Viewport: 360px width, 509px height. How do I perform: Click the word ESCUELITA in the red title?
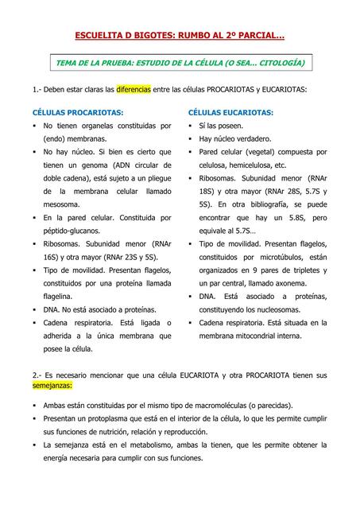tap(100, 36)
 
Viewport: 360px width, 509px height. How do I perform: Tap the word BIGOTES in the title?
tap(162, 36)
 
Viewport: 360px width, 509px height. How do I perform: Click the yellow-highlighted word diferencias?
tap(133, 90)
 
